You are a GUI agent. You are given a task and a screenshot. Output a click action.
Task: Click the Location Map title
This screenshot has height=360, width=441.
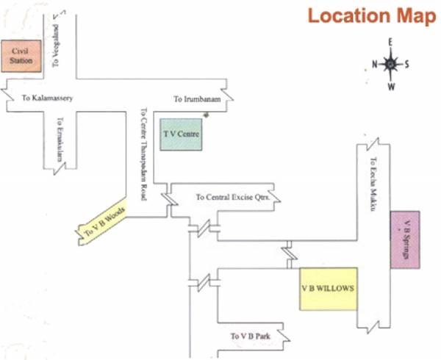[x=371, y=16]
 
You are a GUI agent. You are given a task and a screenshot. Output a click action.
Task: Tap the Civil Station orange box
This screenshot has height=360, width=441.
[x=20, y=55]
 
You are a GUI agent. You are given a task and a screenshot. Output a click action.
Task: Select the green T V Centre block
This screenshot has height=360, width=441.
[x=181, y=133]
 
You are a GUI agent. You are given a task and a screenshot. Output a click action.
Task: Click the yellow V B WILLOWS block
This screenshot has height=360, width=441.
[x=328, y=289]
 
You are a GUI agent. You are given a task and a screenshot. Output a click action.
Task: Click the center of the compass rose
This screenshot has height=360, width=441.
[x=391, y=64]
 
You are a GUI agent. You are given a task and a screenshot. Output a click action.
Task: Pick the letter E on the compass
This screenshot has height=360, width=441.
[x=391, y=42]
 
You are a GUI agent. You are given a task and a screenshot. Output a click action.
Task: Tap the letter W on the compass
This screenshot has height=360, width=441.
[x=391, y=87]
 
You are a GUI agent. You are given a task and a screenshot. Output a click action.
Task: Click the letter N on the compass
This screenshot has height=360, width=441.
[x=375, y=65]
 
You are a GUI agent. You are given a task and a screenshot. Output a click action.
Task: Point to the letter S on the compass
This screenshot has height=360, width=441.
[x=407, y=64]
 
